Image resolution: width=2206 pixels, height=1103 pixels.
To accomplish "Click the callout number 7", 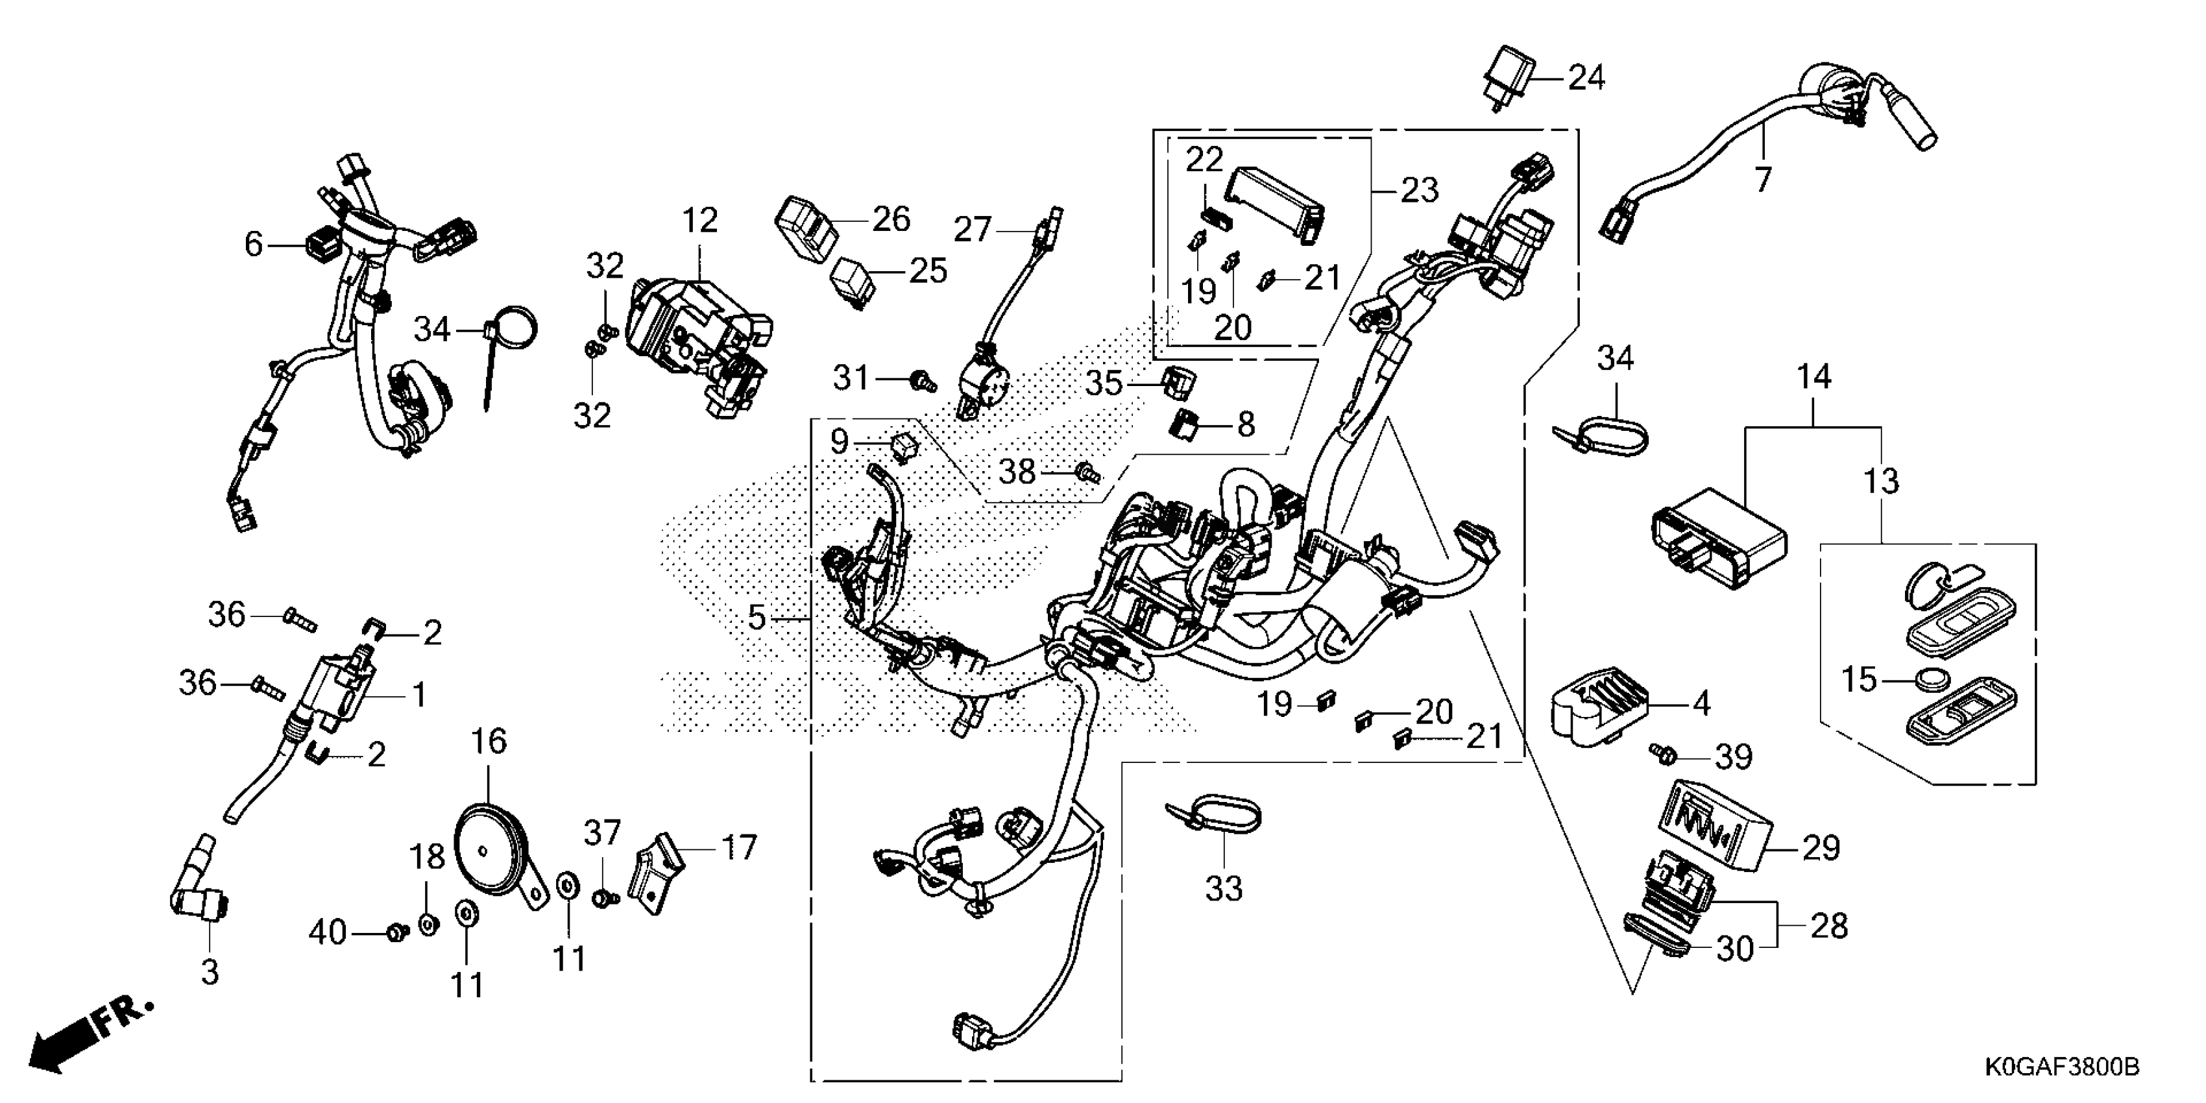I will (1762, 180).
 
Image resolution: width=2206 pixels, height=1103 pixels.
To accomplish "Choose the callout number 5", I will (755, 616).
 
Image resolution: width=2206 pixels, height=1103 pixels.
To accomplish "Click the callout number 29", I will (1821, 848).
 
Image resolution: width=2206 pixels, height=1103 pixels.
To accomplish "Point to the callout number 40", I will (327, 932).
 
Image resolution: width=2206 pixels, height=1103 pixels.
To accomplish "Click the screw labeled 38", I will (1087, 471).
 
